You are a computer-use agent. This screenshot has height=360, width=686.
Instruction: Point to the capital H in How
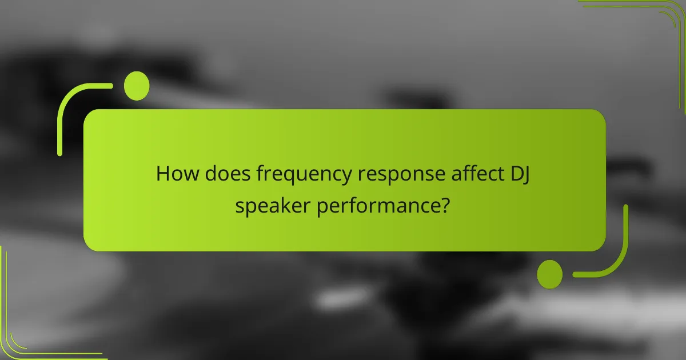162,174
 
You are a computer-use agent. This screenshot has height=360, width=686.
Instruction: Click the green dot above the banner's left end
137,86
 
